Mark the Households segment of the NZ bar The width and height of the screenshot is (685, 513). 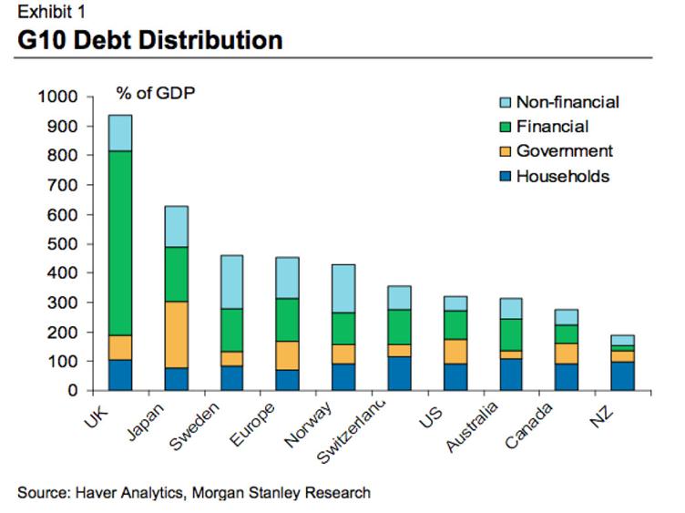pos(623,376)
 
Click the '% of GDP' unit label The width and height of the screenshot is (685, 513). pos(154,93)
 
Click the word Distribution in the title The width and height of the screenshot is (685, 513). pos(204,40)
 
